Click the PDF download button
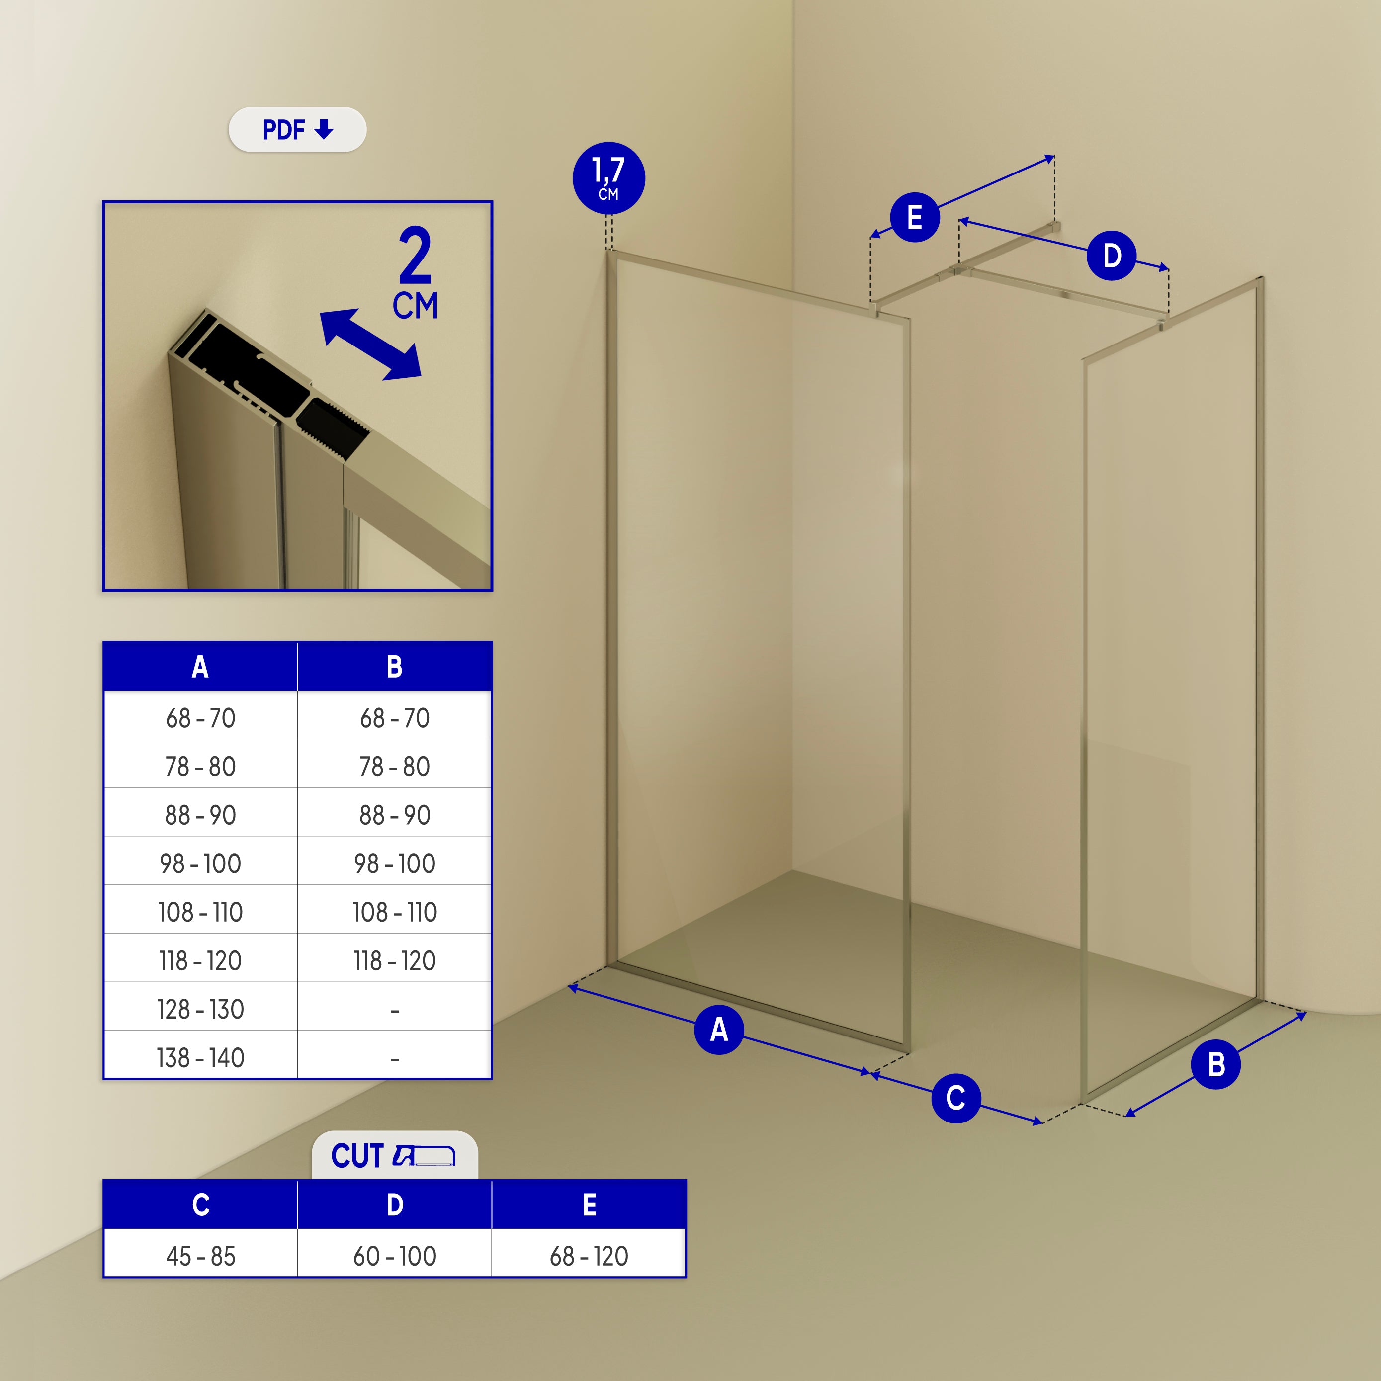coord(297,129)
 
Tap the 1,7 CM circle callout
coord(609,178)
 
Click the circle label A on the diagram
coord(719,1030)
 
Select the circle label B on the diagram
coord(1216,1065)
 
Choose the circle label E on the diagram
coord(914,217)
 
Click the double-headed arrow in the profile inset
coord(370,345)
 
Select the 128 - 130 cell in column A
coord(201,1009)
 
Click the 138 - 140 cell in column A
coord(201,1058)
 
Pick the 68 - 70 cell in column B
coord(395,718)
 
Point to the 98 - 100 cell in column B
coord(395,863)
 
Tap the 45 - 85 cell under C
coord(201,1256)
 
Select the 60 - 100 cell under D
coord(395,1256)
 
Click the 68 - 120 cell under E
coord(589,1256)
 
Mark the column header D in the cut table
coord(395,1205)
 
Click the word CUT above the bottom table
coord(357,1156)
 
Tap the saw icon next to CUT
coord(424,1155)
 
